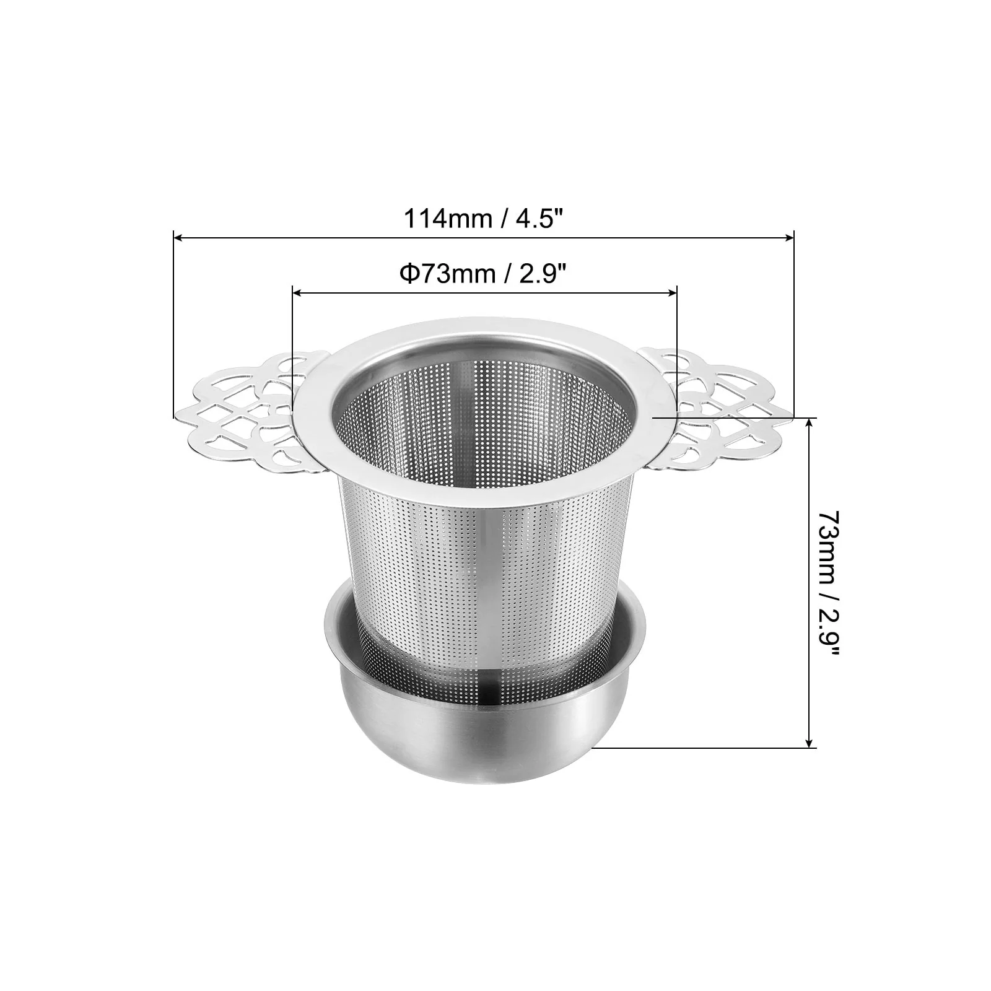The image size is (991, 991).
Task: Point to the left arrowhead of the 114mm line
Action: (x=179, y=237)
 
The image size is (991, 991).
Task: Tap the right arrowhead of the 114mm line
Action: (x=787, y=237)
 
